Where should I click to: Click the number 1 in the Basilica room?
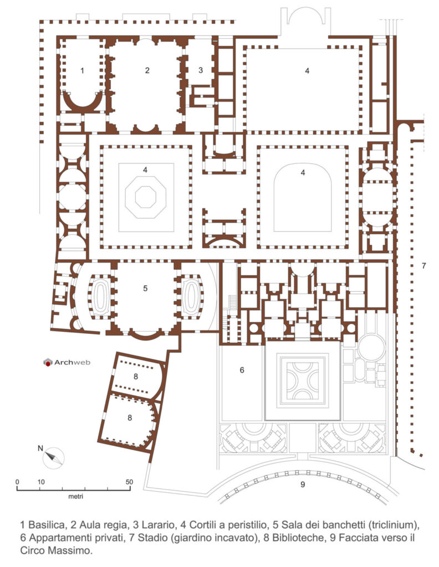point(82,70)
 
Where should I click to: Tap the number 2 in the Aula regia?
point(147,70)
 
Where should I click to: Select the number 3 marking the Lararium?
point(201,70)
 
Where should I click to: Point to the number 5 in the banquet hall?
point(145,288)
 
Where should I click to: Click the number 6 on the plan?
point(242,370)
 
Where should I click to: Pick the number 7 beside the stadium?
point(423,266)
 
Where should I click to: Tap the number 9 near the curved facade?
point(303,484)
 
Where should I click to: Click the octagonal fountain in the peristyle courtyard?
point(146,197)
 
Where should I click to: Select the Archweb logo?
point(67,362)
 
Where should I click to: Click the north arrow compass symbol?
point(54,458)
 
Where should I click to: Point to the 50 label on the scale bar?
point(129,482)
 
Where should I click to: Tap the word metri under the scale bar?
point(75,497)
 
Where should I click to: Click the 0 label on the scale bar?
point(17,482)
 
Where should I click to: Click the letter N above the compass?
point(40,449)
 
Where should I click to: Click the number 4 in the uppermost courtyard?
point(307,71)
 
